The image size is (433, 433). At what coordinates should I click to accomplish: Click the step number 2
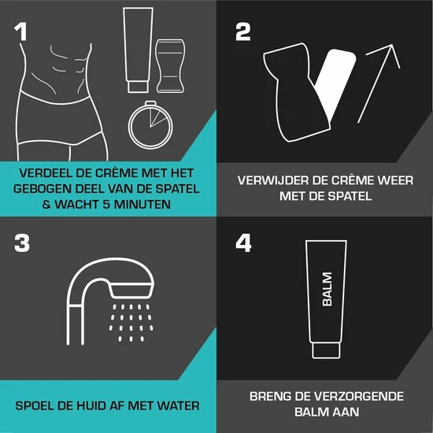click(x=243, y=31)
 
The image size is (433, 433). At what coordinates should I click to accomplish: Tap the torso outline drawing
click(x=67, y=94)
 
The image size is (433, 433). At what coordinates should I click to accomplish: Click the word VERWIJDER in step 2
click(x=272, y=180)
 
